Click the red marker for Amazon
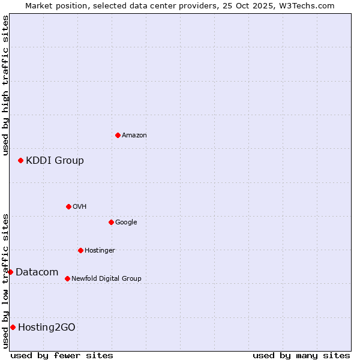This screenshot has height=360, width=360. click(118, 135)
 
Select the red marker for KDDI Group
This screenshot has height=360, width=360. click(20, 160)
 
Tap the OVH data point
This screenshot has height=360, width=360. click(68, 206)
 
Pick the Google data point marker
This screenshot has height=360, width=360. click(111, 222)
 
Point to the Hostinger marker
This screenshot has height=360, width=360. click(80, 250)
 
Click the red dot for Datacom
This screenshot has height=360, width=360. click(10, 272)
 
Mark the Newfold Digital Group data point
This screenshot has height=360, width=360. click(67, 278)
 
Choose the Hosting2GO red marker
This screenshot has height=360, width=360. click(13, 327)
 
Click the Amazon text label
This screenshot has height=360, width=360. click(134, 136)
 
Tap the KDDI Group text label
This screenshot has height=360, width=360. click(55, 161)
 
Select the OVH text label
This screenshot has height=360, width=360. click(80, 207)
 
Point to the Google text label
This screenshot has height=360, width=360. click(126, 223)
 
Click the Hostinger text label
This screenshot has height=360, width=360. click(100, 251)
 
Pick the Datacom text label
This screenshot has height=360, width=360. click(37, 272)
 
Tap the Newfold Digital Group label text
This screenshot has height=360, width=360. click(106, 279)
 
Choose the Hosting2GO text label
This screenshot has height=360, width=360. click(47, 328)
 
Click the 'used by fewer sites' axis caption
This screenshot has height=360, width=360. click(62, 355)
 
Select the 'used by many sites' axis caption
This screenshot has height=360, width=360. click(301, 355)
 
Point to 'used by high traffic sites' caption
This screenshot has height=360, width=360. click(5, 85)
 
